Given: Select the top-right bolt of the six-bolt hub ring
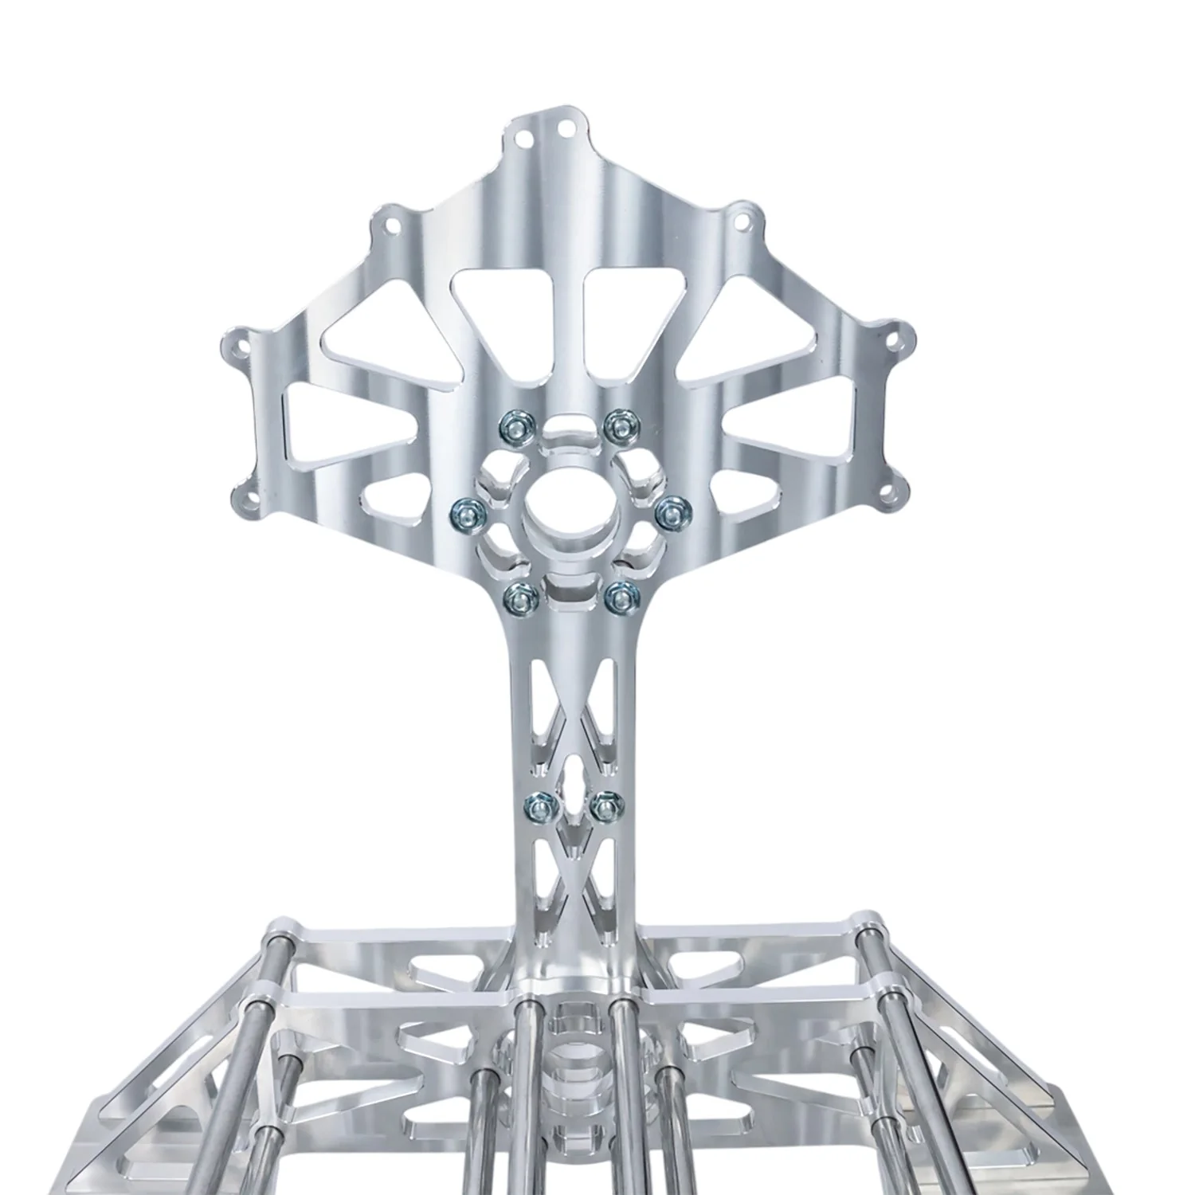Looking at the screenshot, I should coord(614,423).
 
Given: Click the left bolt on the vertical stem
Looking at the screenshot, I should coord(535,806).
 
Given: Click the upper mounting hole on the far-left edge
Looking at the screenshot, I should coord(237,347).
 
